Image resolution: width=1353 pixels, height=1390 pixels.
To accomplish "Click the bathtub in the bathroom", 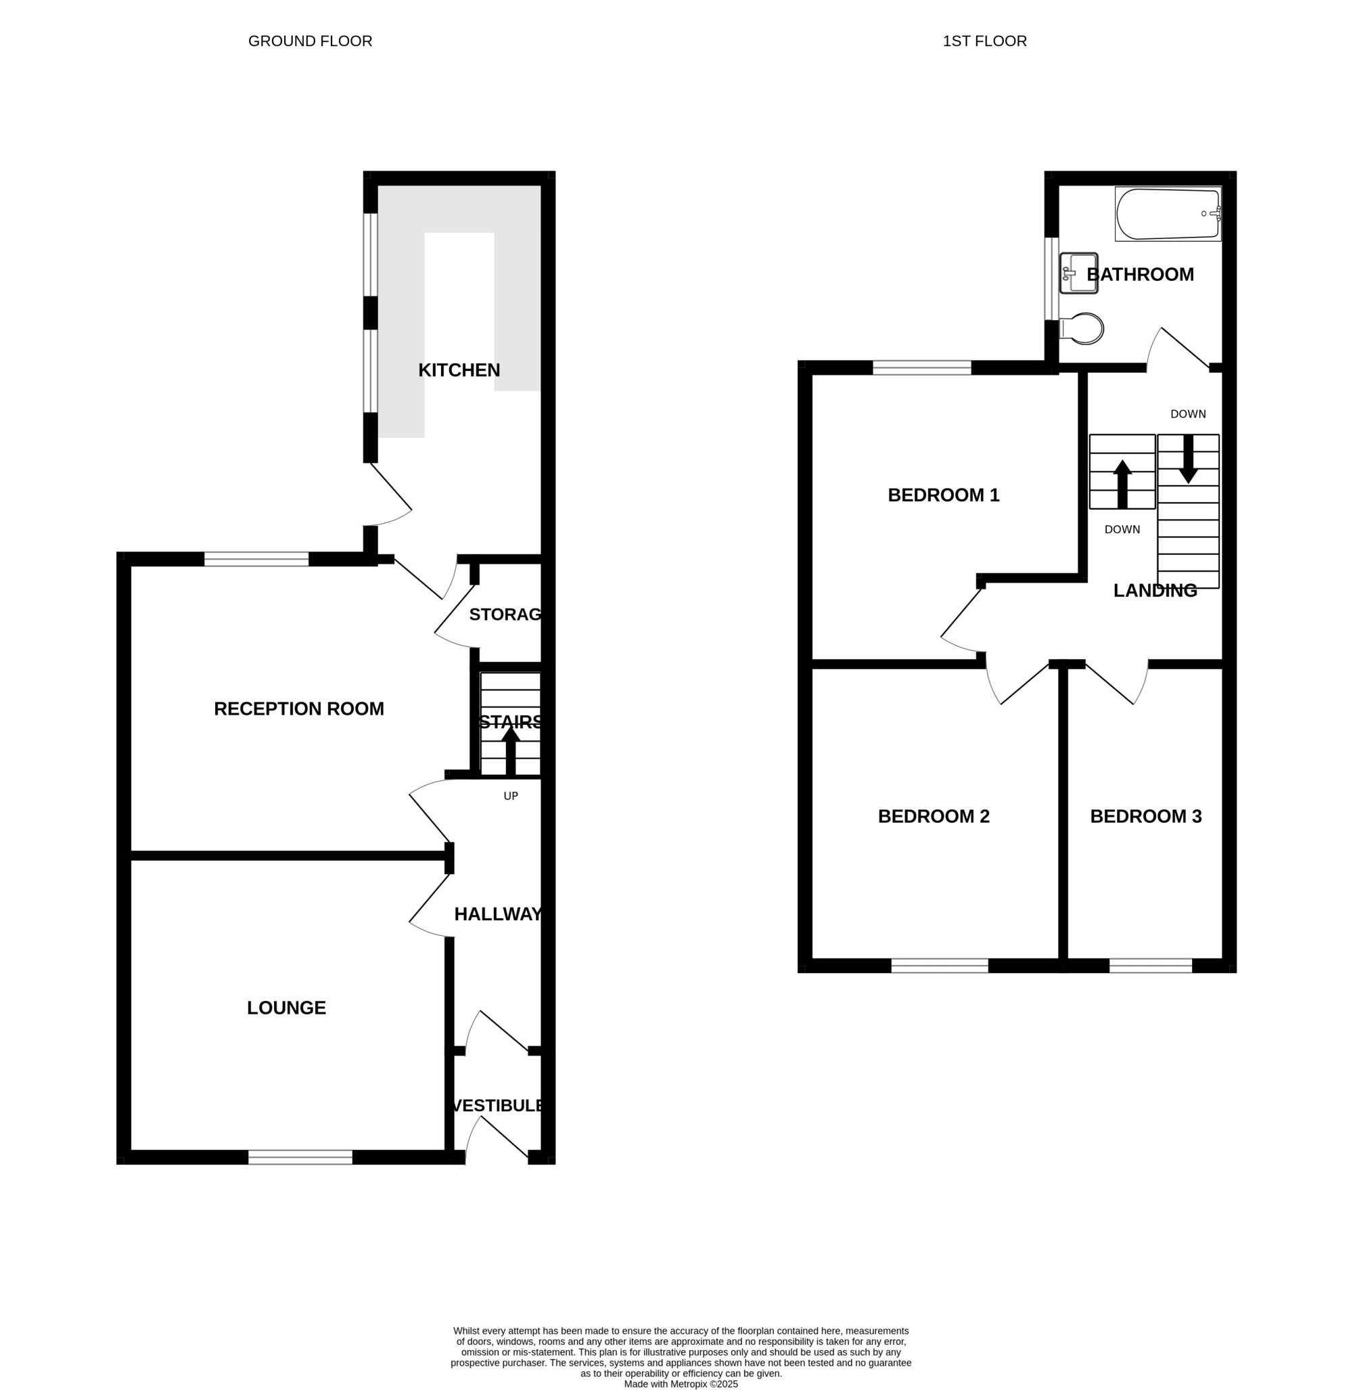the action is [1168, 214].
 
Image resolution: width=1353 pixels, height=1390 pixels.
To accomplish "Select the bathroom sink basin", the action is [1079, 273].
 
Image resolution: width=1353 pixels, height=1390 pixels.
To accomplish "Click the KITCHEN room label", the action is [459, 369].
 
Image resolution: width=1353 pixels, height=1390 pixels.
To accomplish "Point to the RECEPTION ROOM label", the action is [299, 709].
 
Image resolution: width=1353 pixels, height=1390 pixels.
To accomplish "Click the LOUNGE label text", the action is [286, 1008].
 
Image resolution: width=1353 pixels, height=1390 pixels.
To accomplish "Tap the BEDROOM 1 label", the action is [944, 495].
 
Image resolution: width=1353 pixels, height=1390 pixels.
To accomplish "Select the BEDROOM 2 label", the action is [934, 816].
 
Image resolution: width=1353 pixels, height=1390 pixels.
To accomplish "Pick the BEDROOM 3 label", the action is [1146, 816].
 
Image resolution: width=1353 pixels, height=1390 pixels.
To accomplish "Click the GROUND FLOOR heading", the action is [310, 41].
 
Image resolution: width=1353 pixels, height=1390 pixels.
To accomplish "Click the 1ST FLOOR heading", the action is [985, 41].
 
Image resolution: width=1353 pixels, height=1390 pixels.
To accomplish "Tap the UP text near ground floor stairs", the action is [511, 797].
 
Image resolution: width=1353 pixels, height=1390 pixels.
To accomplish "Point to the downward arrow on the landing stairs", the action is [1188, 459].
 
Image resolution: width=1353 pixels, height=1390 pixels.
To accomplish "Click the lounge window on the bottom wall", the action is [300, 1157].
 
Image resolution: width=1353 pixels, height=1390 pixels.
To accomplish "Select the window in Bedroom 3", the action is [1151, 966].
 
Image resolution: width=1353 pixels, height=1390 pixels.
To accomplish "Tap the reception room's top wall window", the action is [256, 559].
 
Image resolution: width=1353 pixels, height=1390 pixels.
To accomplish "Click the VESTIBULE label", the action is [498, 1106].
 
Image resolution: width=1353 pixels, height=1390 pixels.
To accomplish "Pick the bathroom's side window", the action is [1052, 279].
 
